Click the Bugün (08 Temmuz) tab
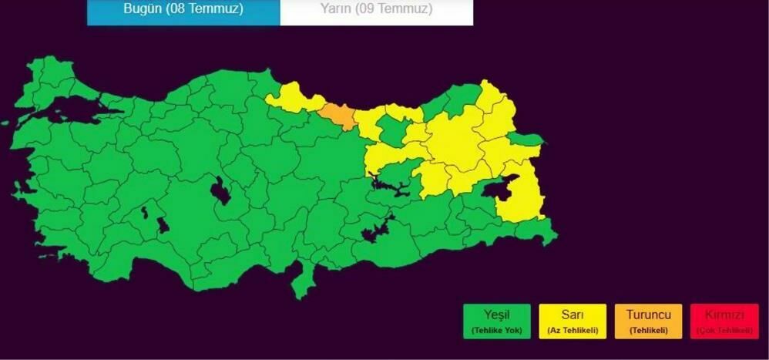click(x=183, y=10)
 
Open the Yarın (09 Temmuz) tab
click(x=376, y=10)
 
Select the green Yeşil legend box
click(x=497, y=321)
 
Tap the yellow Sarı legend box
click(x=573, y=321)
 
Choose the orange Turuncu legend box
click(x=649, y=321)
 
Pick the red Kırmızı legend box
click(x=724, y=321)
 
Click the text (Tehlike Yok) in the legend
click(x=497, y=331)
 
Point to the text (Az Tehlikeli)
click(x=573, y=331)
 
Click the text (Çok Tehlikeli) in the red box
click(x=724, y=331)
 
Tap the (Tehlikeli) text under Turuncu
click(x=649, y=331)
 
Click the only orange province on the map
click(x=337, y=116)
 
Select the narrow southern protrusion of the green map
click(x=301, y=285)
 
